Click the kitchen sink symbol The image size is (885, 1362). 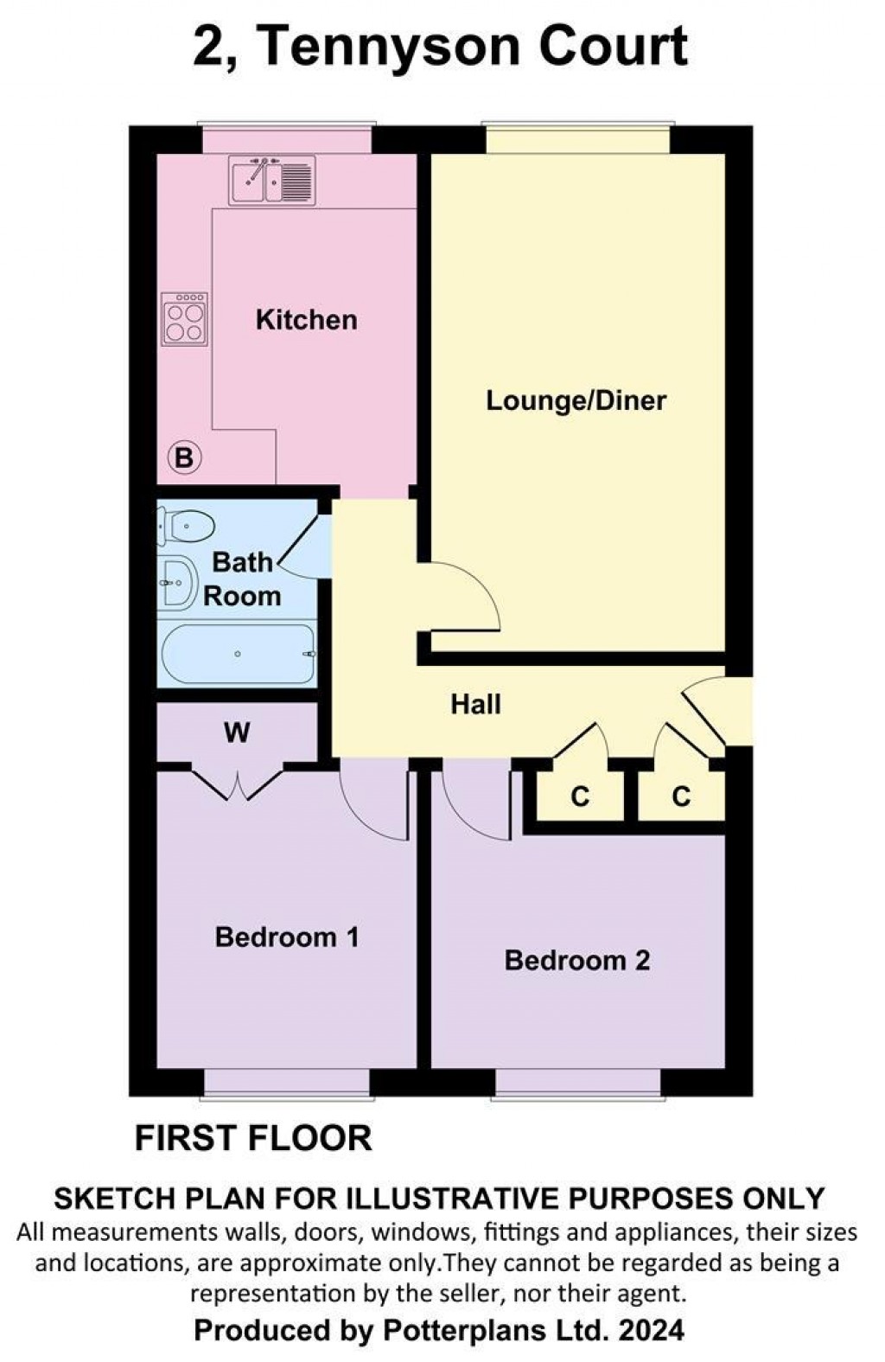[271, 180]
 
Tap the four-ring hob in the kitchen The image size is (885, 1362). [184, 319]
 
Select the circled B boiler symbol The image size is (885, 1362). [183, 457]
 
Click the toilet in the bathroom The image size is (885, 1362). [187, 525]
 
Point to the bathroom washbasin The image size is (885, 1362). [176, 583]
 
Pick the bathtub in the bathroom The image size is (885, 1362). [238, 655]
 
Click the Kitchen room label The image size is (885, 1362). [306, 320]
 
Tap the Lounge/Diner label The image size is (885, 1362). [576, 400]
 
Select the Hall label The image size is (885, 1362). [475, 705]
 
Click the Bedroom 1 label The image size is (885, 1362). [286, 937]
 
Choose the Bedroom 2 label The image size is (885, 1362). [576, 961]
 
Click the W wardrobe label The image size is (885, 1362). [236, 733]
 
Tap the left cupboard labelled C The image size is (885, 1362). [579, 796]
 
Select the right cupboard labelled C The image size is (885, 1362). [681, 796]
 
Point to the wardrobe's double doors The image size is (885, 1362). [237, 783]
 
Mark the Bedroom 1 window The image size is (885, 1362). [287, 1084]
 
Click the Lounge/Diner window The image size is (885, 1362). [576, 140]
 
